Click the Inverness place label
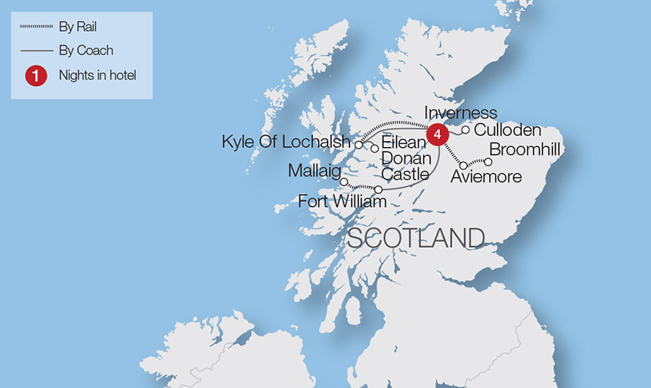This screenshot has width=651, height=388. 461,113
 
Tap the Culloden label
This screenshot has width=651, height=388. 508,130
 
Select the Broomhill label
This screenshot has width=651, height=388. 525,150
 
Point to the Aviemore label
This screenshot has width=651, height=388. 484,177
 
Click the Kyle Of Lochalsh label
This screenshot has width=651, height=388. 286,142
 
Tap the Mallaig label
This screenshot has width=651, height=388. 314,172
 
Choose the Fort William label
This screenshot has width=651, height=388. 342,202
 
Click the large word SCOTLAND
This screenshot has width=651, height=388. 416,238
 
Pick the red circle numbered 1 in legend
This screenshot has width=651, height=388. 35,75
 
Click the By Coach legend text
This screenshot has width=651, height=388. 85,51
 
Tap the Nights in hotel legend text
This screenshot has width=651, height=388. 98,75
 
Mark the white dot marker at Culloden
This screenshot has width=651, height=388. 466,130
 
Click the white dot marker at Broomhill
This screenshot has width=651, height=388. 488,161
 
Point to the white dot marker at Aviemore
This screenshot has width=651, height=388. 464,166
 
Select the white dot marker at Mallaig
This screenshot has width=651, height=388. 344,182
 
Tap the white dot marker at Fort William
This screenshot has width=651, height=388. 378,190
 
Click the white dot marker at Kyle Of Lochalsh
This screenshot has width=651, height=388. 358,144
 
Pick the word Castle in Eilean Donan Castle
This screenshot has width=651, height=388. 406,174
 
